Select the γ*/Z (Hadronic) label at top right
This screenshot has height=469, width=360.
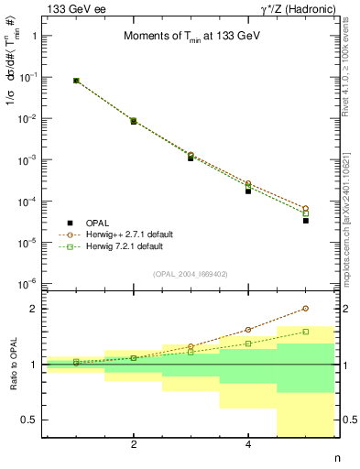289,8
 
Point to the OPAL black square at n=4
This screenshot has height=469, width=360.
248,191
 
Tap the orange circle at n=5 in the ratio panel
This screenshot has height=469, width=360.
306,309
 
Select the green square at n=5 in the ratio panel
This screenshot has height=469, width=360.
306,332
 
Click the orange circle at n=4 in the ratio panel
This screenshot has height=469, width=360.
248,330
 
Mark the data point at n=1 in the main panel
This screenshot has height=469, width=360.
76,81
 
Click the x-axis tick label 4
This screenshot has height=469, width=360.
248,445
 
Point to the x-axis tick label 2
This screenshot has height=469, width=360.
134,445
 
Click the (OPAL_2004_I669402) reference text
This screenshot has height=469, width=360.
191,273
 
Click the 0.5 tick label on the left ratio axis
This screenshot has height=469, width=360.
30,420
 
